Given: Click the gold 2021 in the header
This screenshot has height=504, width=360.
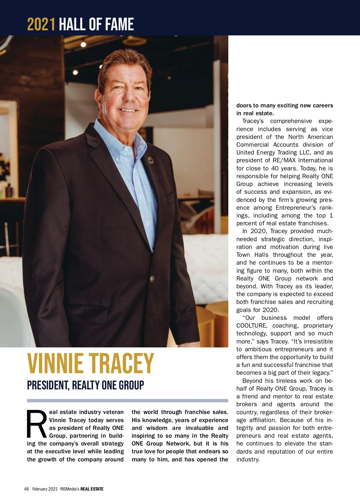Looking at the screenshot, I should [x=41, y=24].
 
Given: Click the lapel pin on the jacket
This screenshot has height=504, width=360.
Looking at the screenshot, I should [x=151, y=160].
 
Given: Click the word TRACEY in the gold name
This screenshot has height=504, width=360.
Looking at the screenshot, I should [x=121, y=364].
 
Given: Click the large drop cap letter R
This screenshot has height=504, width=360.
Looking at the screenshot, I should [x=36, y=424].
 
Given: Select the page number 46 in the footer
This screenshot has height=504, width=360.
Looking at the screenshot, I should [x=26, y=489].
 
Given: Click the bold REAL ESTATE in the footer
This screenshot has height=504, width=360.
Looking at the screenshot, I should [x=92, y=489].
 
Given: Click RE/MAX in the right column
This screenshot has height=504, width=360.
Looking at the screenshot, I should [x=284, y=160].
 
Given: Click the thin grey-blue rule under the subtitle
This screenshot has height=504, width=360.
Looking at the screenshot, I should [x=127, y=400].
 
